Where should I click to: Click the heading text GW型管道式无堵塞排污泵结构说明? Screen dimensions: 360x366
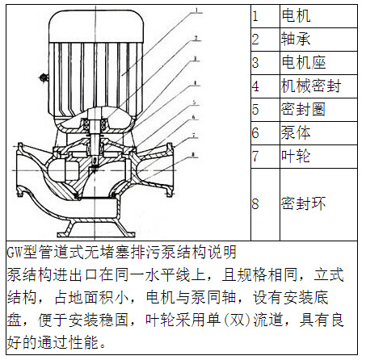click(x=121, y=252)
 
